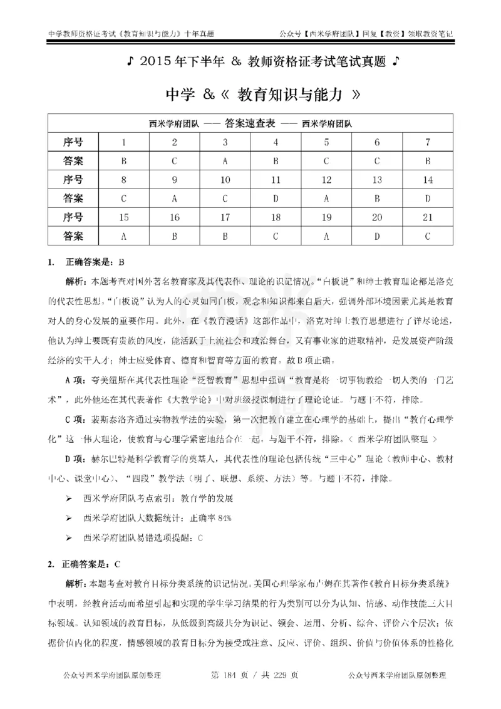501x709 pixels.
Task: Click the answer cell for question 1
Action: point(124,160)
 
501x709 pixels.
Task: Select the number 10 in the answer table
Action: point(225,180)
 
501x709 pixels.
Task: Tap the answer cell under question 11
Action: point(276,199)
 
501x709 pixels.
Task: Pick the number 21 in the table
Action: point(427,217)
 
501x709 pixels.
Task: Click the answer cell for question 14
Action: point(427,199)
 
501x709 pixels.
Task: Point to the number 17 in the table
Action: point(225,217)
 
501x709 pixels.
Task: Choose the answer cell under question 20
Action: point(377,237)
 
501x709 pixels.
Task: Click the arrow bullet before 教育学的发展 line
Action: point(70,499)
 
